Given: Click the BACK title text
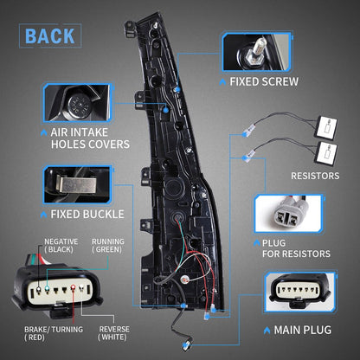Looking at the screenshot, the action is (50, 36).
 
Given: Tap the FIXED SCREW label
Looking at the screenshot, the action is (264, 81).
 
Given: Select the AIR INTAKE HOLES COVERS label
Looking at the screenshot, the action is (90, 138).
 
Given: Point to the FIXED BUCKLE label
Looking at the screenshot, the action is (87, 215).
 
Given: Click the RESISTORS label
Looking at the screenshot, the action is (315, 176).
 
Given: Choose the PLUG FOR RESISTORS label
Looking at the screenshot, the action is (296, 248).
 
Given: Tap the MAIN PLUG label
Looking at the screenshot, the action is (303, 330).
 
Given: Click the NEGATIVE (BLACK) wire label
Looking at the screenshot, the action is (61, 246).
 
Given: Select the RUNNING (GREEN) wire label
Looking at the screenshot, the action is (108, 246).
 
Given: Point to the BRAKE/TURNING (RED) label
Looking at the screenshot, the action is (54, 333).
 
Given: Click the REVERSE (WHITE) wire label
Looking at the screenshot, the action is (114, 333).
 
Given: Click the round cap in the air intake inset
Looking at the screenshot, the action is (79, 105).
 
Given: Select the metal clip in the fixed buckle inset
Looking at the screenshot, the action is (75, 184).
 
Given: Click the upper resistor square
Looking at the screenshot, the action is (326, 127).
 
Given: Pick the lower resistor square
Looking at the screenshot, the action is (326, 153).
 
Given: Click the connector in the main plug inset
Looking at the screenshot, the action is (300, 291).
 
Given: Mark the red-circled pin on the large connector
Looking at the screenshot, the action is (73, 287).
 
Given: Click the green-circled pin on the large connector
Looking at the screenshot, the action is (47, 287).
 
